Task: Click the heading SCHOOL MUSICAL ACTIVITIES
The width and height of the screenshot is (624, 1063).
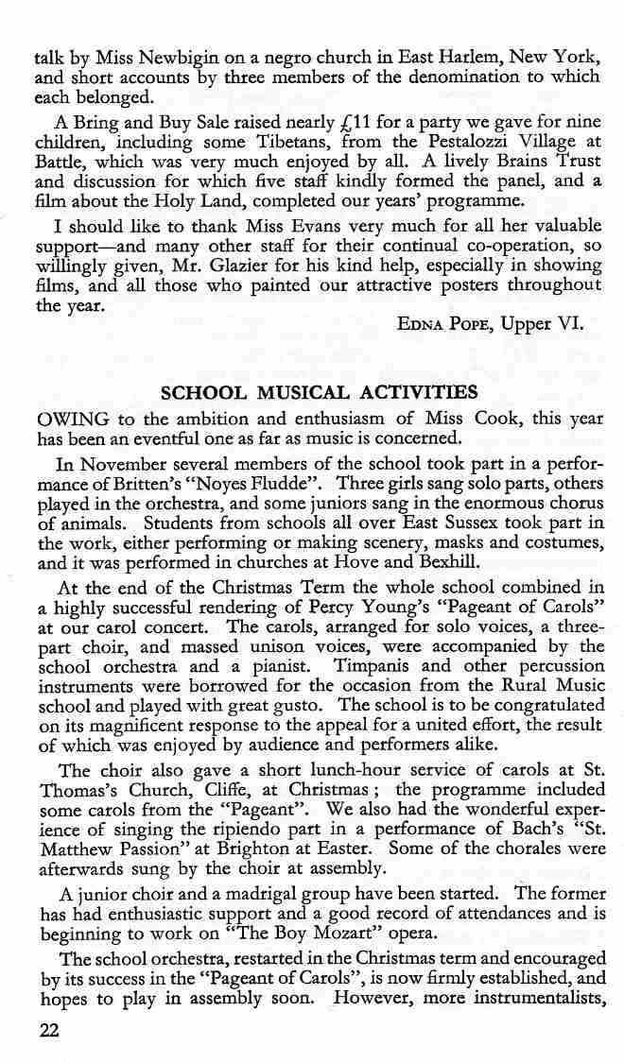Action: click(319, 392)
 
